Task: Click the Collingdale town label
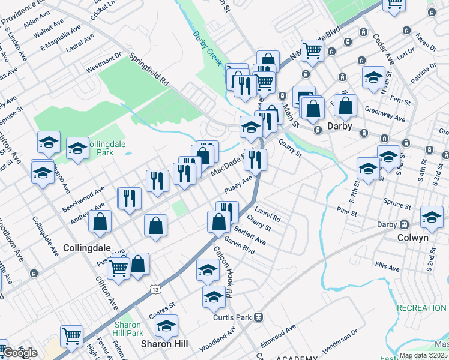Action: (x=87, y=247)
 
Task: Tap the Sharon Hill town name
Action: (x=164, y=344)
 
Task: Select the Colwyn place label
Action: (x=412, y=237)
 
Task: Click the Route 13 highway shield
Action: (x=156, y=289)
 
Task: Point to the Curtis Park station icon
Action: (x=259, y=316)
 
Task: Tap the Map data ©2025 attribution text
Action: (x=424, y=355)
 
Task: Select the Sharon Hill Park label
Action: (x=128, y=329)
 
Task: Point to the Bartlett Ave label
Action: (x=250, y=235)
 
